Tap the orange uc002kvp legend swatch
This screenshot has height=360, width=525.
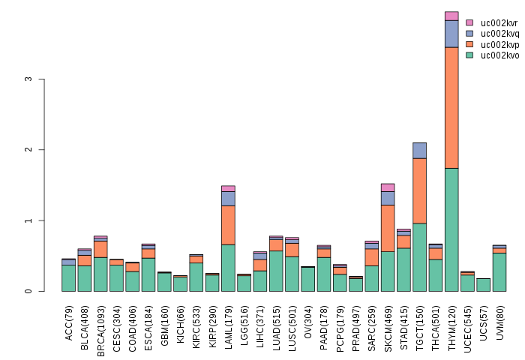click(469, 44)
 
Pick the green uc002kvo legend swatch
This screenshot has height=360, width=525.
click(469, 55)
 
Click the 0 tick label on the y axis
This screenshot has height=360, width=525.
click(29, 291)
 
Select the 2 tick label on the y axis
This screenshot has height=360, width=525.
click(29, 150)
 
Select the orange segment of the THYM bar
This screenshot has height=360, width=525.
click(451, 107)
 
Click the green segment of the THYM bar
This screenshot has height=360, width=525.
click(451, 229)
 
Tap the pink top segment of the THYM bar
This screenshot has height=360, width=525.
click(451, 16)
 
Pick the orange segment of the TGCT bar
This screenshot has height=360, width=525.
click(420, 190)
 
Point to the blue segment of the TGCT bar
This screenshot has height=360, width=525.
click(420, 150)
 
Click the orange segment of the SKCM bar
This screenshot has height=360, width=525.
click(388, 228)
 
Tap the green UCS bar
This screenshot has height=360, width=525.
click(484, 285)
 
